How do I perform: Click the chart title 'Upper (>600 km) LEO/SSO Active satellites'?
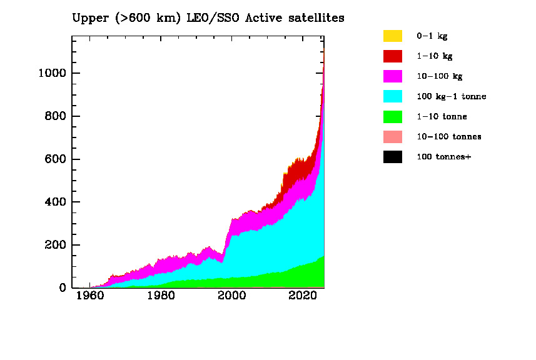click(208, 18)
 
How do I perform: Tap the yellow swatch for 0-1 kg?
click(393, 36)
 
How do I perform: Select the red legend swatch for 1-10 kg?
click(393, 56)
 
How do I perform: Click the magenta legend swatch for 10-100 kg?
click(393, 76)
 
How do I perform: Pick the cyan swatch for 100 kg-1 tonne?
click(393, 96)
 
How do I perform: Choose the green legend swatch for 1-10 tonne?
click(393, 116)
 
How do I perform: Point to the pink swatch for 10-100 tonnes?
click(393, 136)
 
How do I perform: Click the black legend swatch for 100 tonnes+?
click(393, 156)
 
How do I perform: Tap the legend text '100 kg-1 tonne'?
click(451, 96)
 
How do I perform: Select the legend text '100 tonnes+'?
click(443, 156)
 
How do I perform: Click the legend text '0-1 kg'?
click(432, 36)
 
